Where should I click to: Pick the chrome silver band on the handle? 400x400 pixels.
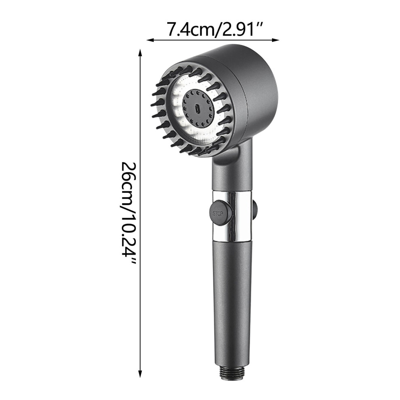232,216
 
